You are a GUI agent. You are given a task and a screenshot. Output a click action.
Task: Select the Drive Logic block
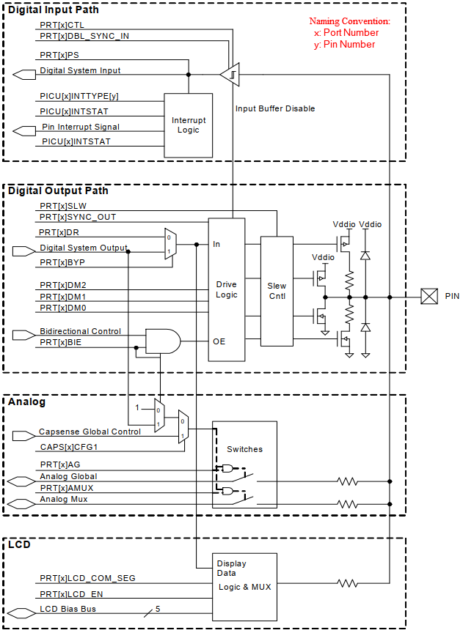pos(226,289)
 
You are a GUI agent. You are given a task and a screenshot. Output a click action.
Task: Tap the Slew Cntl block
pos(277,290)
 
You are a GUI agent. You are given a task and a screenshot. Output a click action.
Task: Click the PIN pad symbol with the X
pos(429,296)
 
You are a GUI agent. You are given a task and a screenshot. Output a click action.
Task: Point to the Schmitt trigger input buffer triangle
pos(230,74)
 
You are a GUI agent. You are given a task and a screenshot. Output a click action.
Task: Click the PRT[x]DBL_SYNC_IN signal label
pos(84,36)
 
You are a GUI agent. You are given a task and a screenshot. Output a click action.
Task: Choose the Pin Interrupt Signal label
pos(80,127)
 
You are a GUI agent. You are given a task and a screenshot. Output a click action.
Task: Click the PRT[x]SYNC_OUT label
pos(78,217)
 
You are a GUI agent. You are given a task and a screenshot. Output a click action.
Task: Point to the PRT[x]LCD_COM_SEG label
pos(87,578)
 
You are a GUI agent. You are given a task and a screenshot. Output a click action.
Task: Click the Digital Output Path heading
pos(58,190)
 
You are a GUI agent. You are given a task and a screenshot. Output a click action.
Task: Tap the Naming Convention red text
pos(349,22)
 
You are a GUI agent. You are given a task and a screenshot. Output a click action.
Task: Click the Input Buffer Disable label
pos(275,108)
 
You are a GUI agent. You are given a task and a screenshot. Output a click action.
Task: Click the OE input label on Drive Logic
pos(218,341)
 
